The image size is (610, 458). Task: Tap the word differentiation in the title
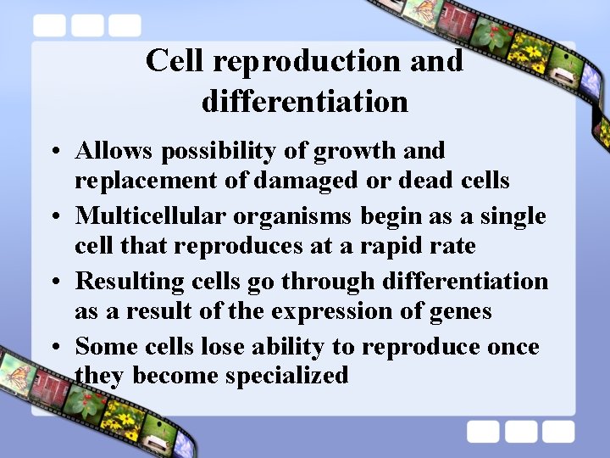[x=305, y=102]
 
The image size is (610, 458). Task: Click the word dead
[x=407, y=181]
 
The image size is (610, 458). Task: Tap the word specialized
[x=287, y=376]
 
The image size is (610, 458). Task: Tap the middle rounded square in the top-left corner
[x=87, y=25]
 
